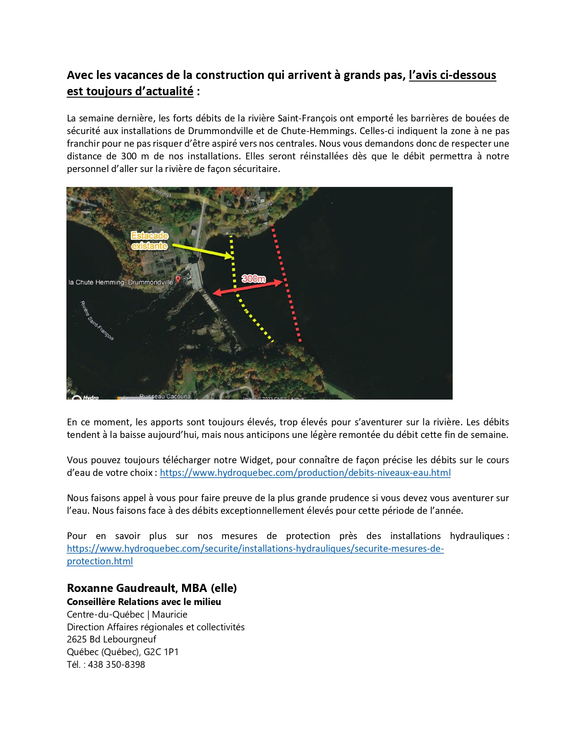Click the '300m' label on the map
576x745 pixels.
pyautogui.click(x=253, y=279)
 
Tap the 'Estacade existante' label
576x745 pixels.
pyautogui.click(x=150, y=241)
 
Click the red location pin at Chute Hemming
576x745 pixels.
pyautogui.click(x=178, y=279)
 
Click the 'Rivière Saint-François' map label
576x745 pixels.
pyautogui.click(x=97, y=321)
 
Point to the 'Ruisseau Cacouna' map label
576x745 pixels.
pyautogui.click(x=165, y=396)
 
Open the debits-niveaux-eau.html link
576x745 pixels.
pyautogui.click(x=305, y=473)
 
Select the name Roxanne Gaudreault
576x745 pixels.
pyautogui.click(x=122, y=588)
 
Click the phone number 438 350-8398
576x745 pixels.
pyautogui.click(x=117, y=665)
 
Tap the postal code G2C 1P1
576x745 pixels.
pyautogui.click(x=161, y=652)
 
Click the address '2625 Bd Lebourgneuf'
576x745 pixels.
pyautogui.click(x=112, y=639)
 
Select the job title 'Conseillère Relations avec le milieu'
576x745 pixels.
pyautogui.click(x=144, y=602)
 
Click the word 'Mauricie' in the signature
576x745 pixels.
pyautogui.click(x=170, y=615)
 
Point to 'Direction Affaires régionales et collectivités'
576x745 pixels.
pyautogui.click(x=156, y=627)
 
